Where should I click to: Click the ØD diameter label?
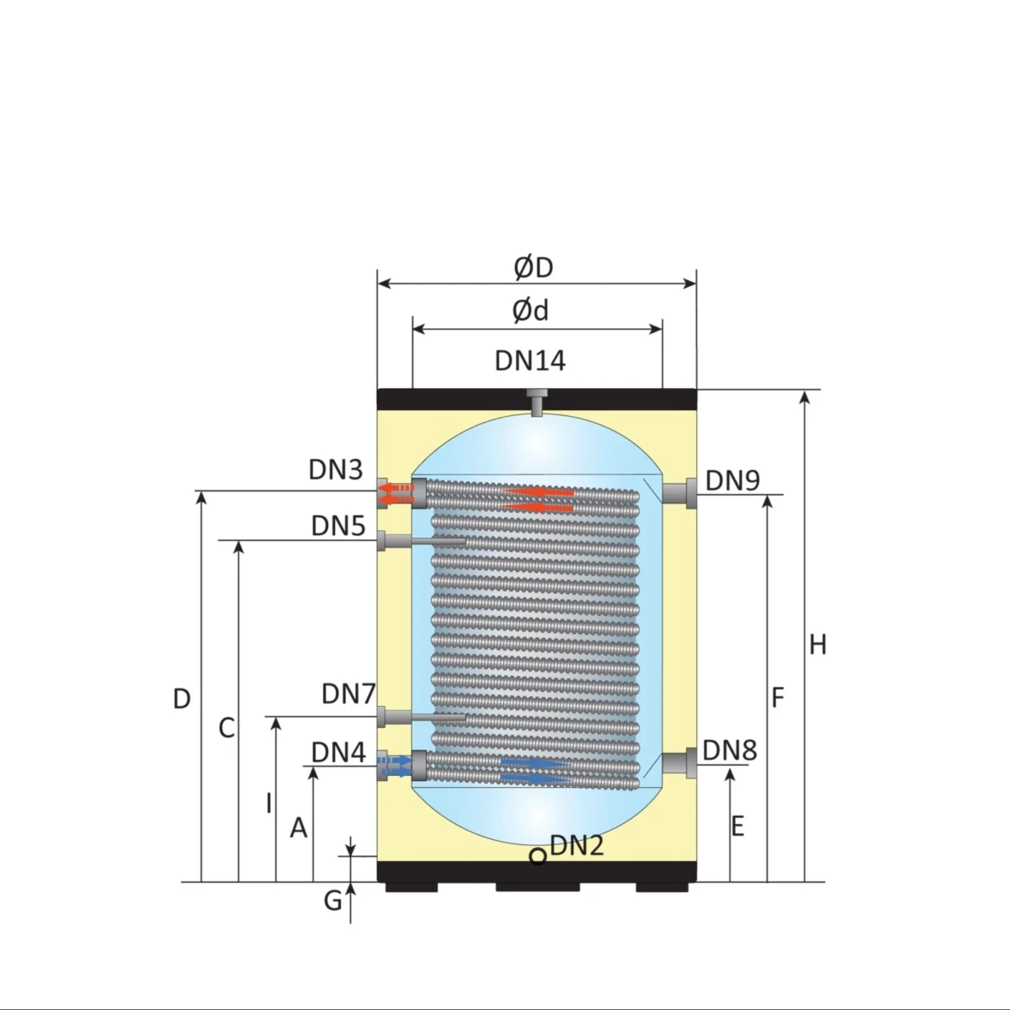pyautogui.click(x=534, y=268)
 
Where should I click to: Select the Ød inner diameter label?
pyautogui.click(x=530, y=311)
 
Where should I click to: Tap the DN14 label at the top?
pyautogui.click(x=530, y=361)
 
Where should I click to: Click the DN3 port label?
pyautogui.click(x=336, y=470)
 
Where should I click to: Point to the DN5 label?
pyautogui.click(x=338, y=526)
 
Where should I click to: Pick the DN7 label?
pyautogui.click(x=348, y=694)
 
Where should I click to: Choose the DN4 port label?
pyautogui.click(x=338, y=752)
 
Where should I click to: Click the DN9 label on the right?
pyautogui.click(x=733, y=481)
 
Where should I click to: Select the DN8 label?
pyautogui.click(x=730, y=751)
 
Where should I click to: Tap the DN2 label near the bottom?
pyautogui.click(x=577, y=845)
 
